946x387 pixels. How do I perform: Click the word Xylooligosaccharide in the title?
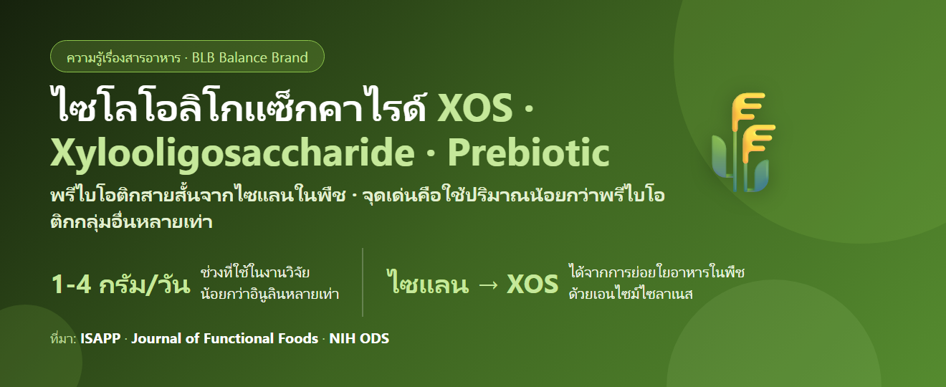[x=232, y=153]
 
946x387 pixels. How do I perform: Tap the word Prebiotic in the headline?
[x=528, y=152]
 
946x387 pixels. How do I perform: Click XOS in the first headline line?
[x=475, y=107]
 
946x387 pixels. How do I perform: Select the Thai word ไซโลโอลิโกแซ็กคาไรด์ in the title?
[x=238, y=105]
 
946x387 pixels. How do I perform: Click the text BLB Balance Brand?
[x=250, y=57]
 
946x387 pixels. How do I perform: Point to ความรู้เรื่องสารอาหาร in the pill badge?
[x=123, y=57]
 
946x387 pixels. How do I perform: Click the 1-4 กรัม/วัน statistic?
[x=120, y=285]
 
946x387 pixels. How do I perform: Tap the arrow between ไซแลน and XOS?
[x=488, y=285]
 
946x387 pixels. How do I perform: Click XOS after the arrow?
[x=532, y=285]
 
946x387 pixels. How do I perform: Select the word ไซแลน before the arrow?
[x=429, y=282]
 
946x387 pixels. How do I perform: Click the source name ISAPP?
[x=100, y=339]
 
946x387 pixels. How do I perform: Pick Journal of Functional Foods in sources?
[x=225, y=339]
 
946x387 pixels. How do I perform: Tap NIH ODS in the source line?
[x=359, y=339]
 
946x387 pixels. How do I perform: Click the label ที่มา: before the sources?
[x=63, y=338]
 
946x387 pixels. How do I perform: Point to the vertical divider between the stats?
[x=363, y=282]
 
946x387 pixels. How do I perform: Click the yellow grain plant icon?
[x=744, y=142]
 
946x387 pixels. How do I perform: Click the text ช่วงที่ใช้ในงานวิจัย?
[x=255, y=272]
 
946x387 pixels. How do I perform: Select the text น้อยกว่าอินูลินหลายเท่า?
[x=270, y=294]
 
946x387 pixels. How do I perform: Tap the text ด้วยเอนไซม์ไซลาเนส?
[x=631, y=293]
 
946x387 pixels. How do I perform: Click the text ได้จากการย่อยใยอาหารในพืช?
[x=656, y=272]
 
